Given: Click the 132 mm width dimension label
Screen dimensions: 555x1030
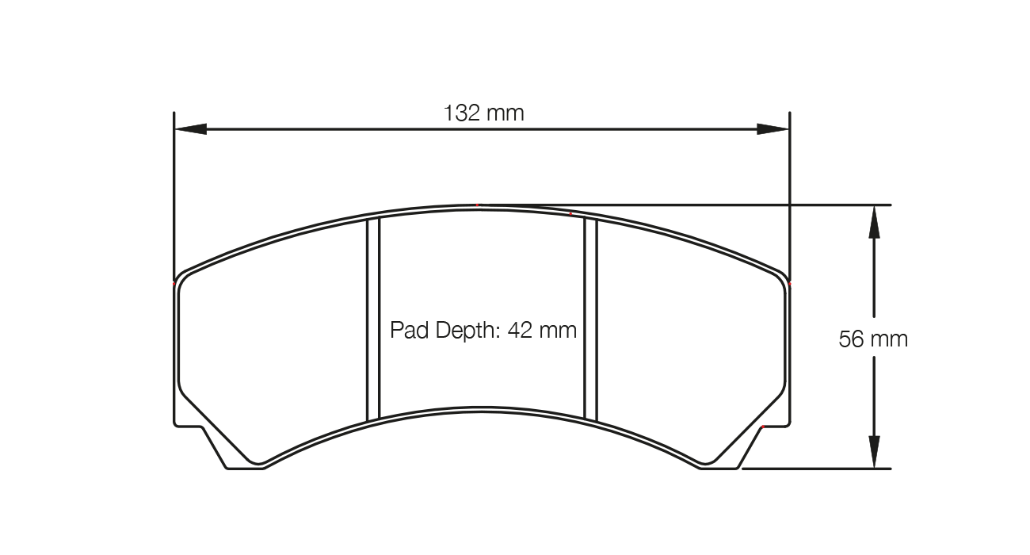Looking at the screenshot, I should pos(483,113).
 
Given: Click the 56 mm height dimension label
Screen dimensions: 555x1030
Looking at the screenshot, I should pos(873,339).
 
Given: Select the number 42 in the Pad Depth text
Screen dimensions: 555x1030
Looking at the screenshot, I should pos(521,329).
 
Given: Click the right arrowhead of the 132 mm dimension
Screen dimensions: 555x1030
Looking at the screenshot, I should pos(773,128).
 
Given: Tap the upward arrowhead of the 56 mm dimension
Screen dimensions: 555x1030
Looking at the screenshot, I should pos(873,221).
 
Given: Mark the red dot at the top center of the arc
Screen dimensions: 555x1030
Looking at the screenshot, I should pos(478,205).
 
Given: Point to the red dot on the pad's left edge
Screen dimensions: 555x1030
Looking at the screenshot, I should pos(174,282).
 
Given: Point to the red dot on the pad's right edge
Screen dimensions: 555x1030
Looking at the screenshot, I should pos(790,282).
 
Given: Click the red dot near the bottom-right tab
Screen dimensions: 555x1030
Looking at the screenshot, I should pos(762,427).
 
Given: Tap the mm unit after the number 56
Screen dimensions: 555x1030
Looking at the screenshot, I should pos(891,339).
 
